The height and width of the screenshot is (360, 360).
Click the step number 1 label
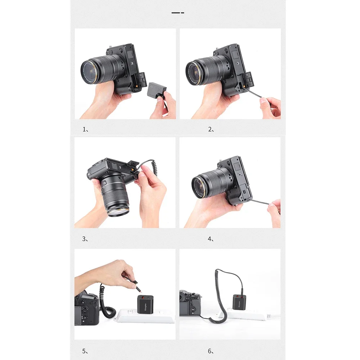(x=85, y=130)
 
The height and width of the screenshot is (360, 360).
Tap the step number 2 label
(x=211, y=130)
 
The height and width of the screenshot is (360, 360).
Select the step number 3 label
(x=85, y=239)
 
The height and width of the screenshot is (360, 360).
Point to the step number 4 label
(x=211, y=239)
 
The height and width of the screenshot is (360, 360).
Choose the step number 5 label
(x=85, y=351)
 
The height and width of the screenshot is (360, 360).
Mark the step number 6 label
(x=211, y=351)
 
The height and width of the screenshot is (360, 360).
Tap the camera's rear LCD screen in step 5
(x=81, y=315)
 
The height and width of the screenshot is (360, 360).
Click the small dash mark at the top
(x=178, y=13)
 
